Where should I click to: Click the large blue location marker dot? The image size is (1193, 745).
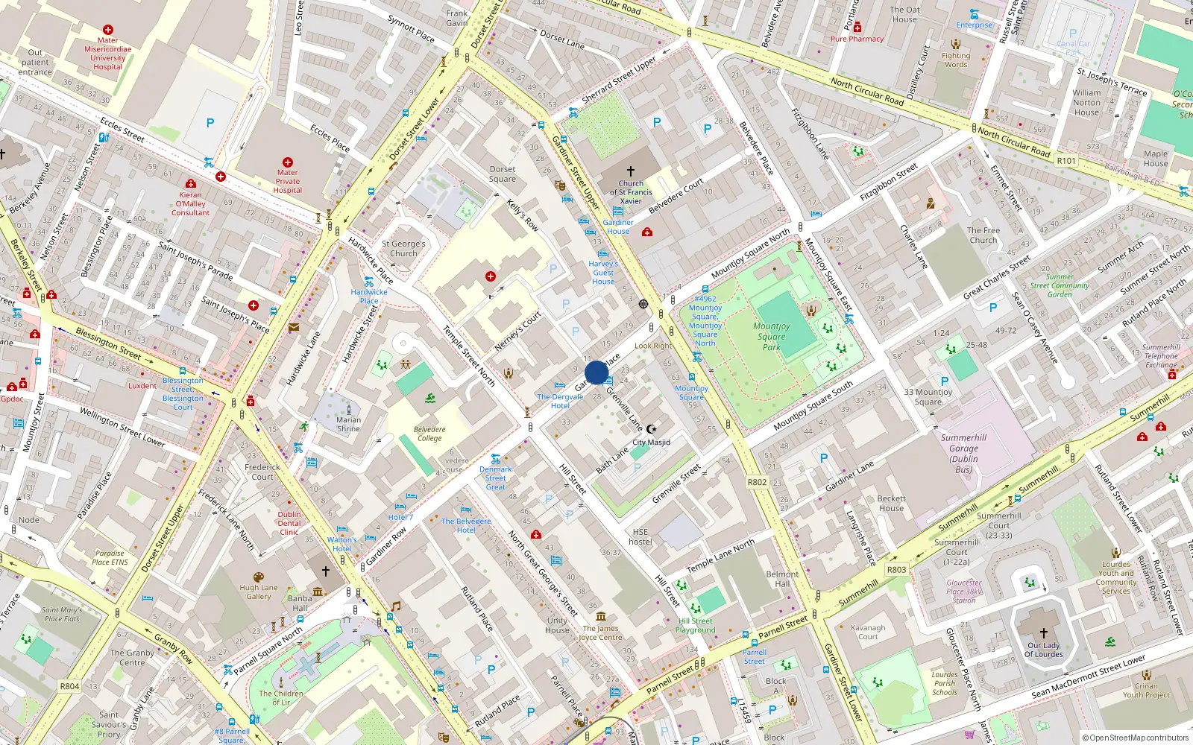point(596,372)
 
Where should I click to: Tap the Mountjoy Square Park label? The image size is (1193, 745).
point(772,337)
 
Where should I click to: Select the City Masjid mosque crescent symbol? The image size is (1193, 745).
point(652,429)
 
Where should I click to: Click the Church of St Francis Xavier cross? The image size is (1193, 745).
point(631,171)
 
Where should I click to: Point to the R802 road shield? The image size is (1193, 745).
point(757,482)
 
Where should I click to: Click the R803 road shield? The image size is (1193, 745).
point(896,570)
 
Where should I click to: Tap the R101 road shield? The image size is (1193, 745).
point(1066,160)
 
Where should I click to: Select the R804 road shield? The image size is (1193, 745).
point(69,686)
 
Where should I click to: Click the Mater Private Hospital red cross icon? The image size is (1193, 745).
point(288,162)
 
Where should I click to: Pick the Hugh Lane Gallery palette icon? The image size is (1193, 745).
point(259,577)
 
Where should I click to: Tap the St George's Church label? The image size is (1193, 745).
point(403,248)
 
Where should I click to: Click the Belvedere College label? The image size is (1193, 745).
point(429,434)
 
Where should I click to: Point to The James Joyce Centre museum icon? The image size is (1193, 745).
point(601,616)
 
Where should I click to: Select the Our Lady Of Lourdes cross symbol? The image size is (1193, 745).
point(1043,633)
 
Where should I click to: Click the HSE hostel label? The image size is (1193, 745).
point(640,537)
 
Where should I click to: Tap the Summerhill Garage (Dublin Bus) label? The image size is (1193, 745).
point(963,454)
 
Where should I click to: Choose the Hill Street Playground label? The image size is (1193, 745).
point(696,625)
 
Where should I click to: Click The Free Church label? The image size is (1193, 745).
point(983,235)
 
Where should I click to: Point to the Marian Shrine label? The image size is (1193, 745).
point(348,424)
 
